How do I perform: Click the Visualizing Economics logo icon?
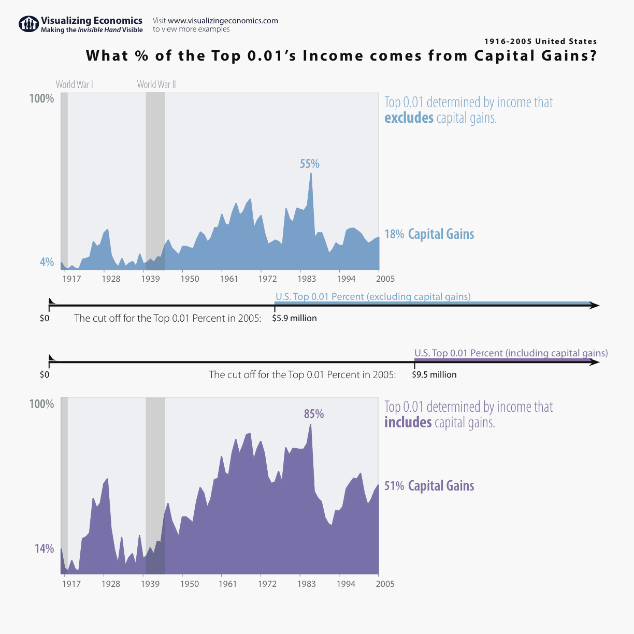pyautogui.click(x=28, y=24)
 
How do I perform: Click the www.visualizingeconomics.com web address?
pyautogui.click(x=223, y=21)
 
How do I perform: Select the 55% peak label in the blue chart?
pyautogui.click(x=310, y=164)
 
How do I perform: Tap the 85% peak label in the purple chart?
pyautogui.click(x=314, y=414)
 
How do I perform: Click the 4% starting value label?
pyautogui.click(x=47, y=262)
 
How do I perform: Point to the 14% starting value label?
pyautogui.click(x=44, y=548)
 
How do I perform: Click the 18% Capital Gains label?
pyautogui.click(x=429, y=234)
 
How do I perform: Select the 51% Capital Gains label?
pyautogui.click(x=429, y=486)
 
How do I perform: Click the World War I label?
pyautogui.click(x=75, y=84)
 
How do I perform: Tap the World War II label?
pyautogui.click(x=156, y=84)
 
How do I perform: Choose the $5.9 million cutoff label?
pyautogui.click(x=294, y=318)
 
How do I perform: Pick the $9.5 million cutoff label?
pyautogui.click(x=434, y=374)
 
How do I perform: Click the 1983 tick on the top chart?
pyautogui.click(x=307, y=279)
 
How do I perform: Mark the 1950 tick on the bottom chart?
pyautogui.click(x=190, y=584)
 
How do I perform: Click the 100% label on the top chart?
pyautogui.click(x=41, y=98)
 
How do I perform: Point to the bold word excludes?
pyautogui.click(x=409, y=118)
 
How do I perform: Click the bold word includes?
pyautogui.click(x=408, y=423)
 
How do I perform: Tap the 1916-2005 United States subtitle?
pyautogui.click(x=540, y=41)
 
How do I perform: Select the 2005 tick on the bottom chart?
pyautogui.click(x=385, y=584)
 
